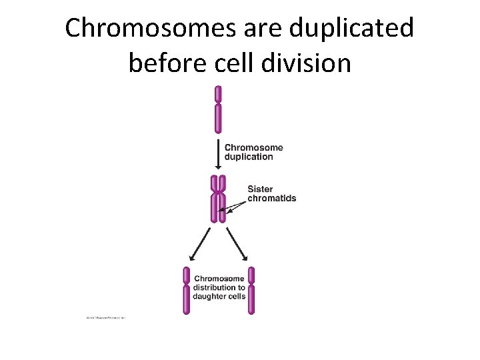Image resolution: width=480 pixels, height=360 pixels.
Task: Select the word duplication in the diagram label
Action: pos(249,157)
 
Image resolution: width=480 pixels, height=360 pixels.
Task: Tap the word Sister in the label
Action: pos(260,189)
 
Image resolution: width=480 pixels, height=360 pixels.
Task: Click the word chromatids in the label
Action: pos(271,198)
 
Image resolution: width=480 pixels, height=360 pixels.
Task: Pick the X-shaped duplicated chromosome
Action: pos(218,198)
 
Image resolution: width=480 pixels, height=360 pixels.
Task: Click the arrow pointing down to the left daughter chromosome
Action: pos(199,244)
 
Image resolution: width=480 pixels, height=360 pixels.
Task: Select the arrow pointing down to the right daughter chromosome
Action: pos(237,244)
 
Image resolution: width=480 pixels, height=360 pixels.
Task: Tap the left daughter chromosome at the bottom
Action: pos(187,290)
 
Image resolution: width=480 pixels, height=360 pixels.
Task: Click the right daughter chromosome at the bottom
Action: pos(251,290)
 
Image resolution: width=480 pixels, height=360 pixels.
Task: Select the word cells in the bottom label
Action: pos(237,296)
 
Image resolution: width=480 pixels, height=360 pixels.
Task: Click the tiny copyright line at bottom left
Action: pos(106,317)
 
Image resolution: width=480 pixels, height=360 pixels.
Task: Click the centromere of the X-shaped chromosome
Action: pos(218,193)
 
